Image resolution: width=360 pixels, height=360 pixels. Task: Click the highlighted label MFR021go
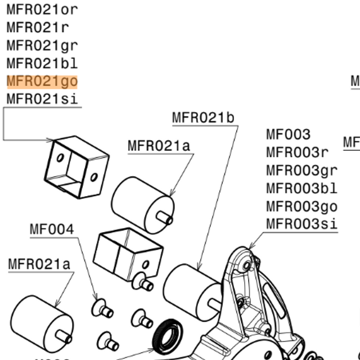42,81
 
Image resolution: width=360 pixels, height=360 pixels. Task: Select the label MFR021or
42,9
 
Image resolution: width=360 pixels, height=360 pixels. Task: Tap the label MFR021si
42,99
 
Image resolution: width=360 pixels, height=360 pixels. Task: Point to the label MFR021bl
42,63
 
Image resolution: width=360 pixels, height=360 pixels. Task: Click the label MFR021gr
42,45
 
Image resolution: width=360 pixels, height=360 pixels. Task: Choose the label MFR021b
203,118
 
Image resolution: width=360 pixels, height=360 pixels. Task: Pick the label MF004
52,229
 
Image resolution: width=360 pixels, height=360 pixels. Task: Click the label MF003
288,134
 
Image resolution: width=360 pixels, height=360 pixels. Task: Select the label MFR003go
301,206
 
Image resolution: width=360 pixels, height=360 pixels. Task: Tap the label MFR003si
301,224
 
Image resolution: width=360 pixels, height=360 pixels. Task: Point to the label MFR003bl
301,188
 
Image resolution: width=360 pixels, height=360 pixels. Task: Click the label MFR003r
297,152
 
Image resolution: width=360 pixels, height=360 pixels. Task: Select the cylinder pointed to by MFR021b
192,289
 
